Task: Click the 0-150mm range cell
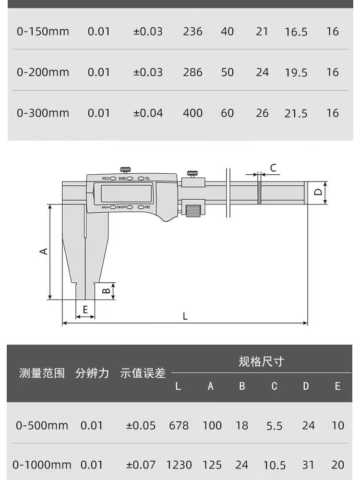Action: (x=43, y=32)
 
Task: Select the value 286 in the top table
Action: (x=192, y=72)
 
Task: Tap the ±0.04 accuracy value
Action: (x=148, y=113)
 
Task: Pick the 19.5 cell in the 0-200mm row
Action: (x=296, y=72)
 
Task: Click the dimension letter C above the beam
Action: (x=273, y=168)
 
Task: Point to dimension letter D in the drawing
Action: (x=317, y=192)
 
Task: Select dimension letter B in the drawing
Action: (x=107, y=290)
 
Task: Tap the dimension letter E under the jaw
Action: (x=85, y=310)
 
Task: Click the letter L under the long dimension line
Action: (x=185, y=316)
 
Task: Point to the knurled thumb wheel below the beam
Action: (x=193, y=210)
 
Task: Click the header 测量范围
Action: (x=42, y=373)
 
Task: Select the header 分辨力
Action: (x=92, y=373)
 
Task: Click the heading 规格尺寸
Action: (x=261, y=361)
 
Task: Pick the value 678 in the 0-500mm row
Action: (x=179, y=426)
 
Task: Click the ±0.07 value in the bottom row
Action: (x=141, y=465)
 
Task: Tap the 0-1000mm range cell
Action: (x=42, y=465)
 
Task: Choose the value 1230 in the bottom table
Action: (x=179, y=465)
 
